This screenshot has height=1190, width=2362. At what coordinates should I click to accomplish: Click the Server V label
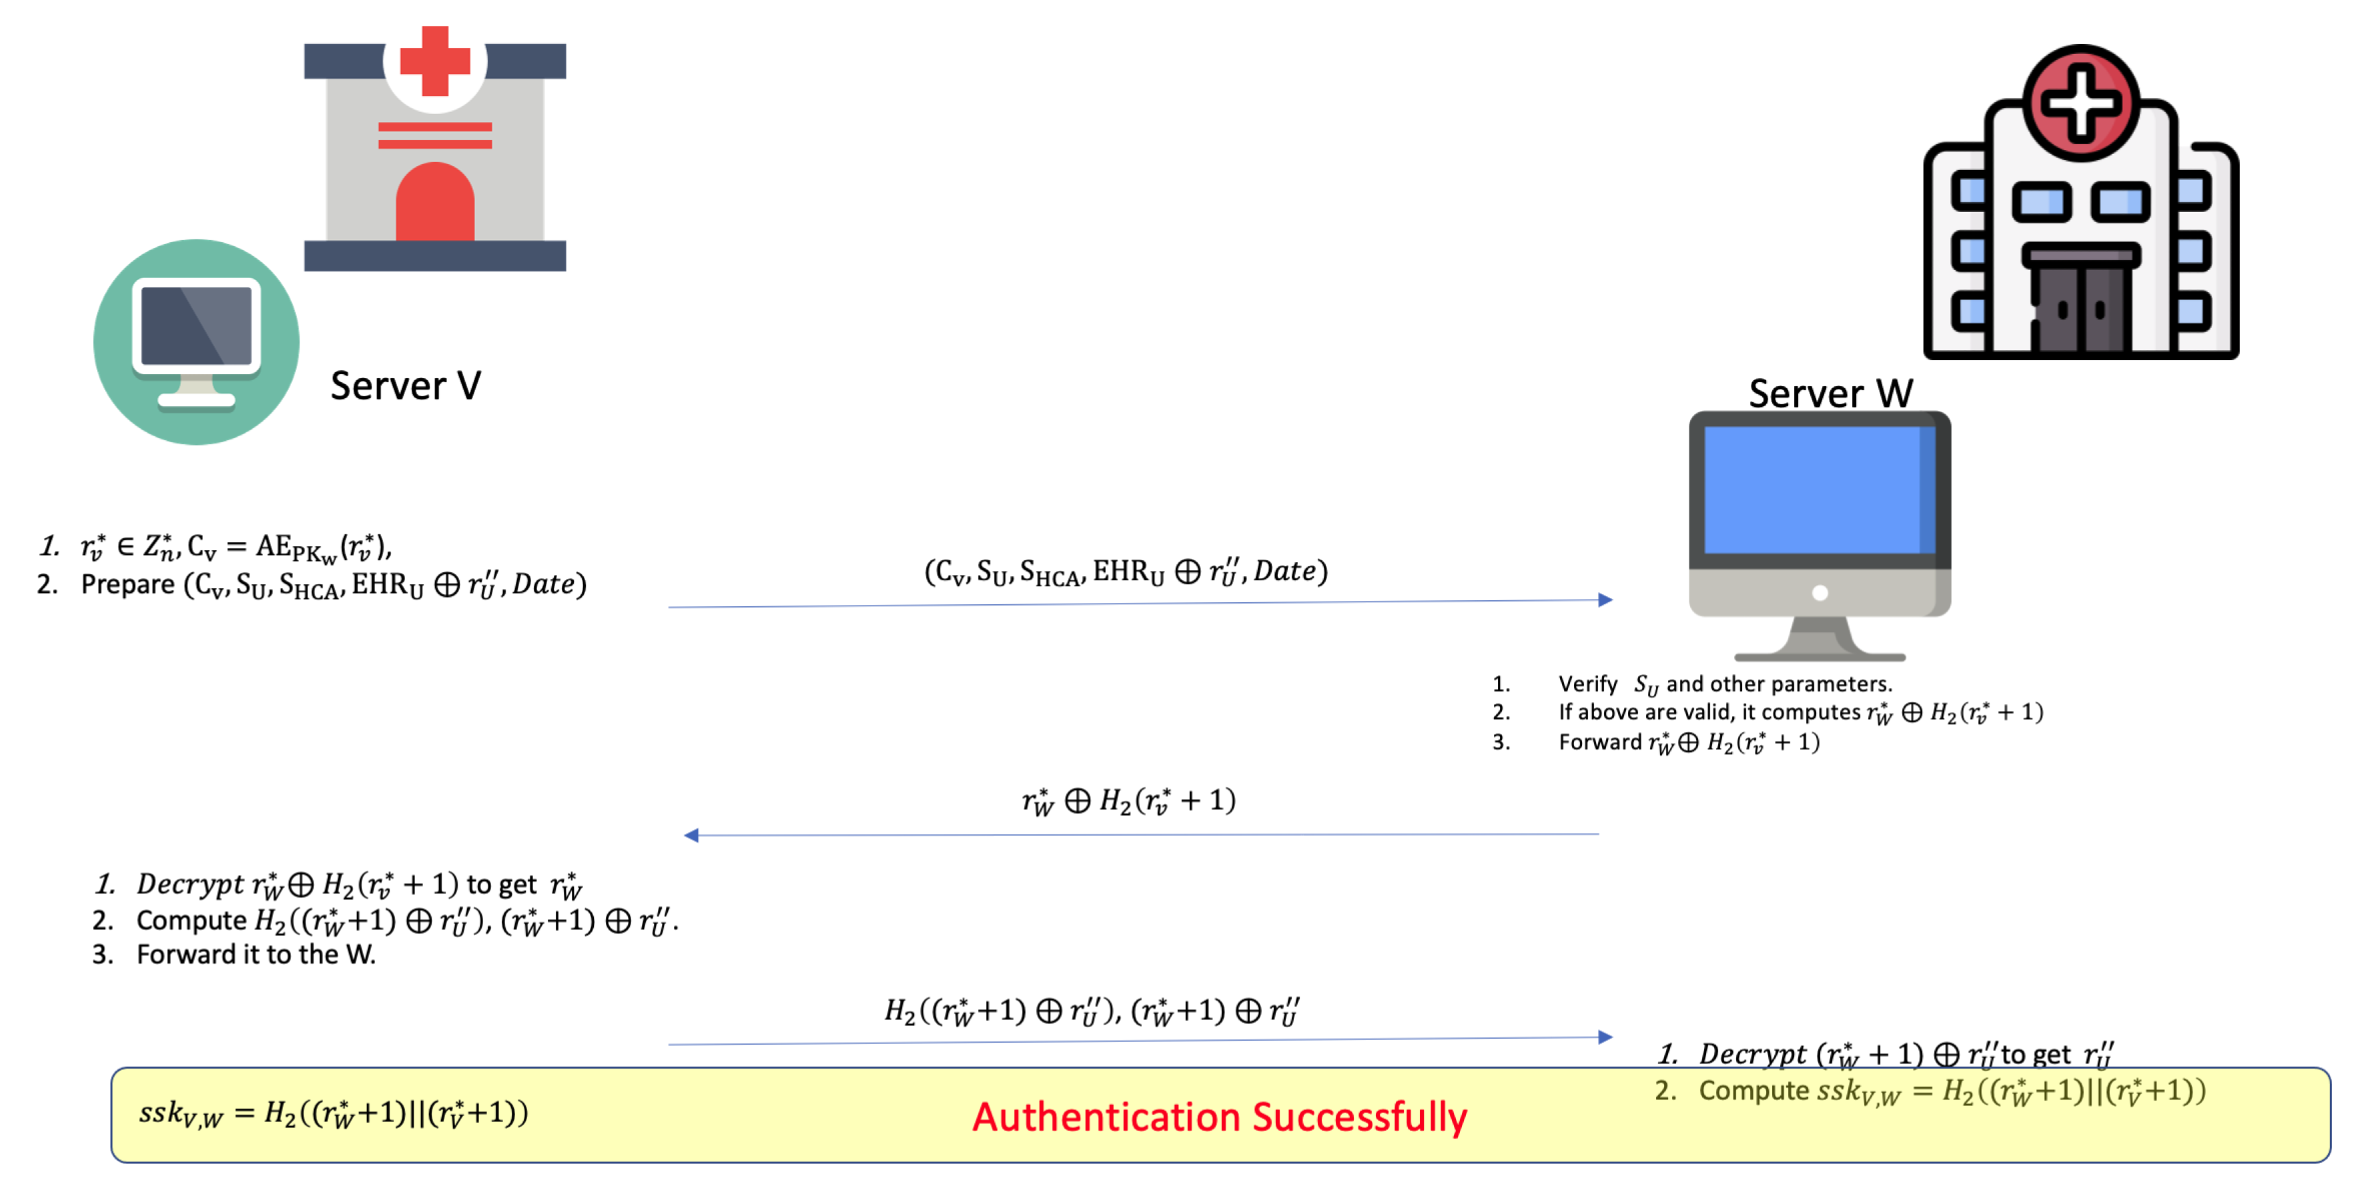tap(405, 385)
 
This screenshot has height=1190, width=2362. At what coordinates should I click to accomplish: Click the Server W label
tap(1830, 394)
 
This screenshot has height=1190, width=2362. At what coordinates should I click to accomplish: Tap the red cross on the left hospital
tap(434, 61)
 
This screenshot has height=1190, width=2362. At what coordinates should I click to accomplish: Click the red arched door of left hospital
tap(434, 203)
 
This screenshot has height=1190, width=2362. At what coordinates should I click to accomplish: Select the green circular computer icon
tap(196, 342)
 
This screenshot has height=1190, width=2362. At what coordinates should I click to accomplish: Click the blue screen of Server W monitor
tap(1818, 490)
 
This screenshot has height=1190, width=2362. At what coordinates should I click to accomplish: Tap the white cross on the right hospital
tap(2080, 103)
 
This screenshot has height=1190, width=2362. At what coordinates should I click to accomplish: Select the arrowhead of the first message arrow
tap(1605, 600)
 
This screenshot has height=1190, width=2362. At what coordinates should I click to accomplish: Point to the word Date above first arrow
tap(1284, 571)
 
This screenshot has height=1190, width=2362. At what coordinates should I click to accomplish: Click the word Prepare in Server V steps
tap(127, 584)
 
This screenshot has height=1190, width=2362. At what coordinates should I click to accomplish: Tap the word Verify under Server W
tap(1587, 684)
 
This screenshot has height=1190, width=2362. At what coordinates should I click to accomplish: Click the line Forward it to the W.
tap(256, 955)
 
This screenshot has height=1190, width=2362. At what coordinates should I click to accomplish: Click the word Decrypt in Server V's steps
tap(189, 884)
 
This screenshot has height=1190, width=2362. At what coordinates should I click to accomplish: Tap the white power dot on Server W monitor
tap(1820, 593)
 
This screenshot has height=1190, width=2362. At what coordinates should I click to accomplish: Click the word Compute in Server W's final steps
tap(1754, 1091)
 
